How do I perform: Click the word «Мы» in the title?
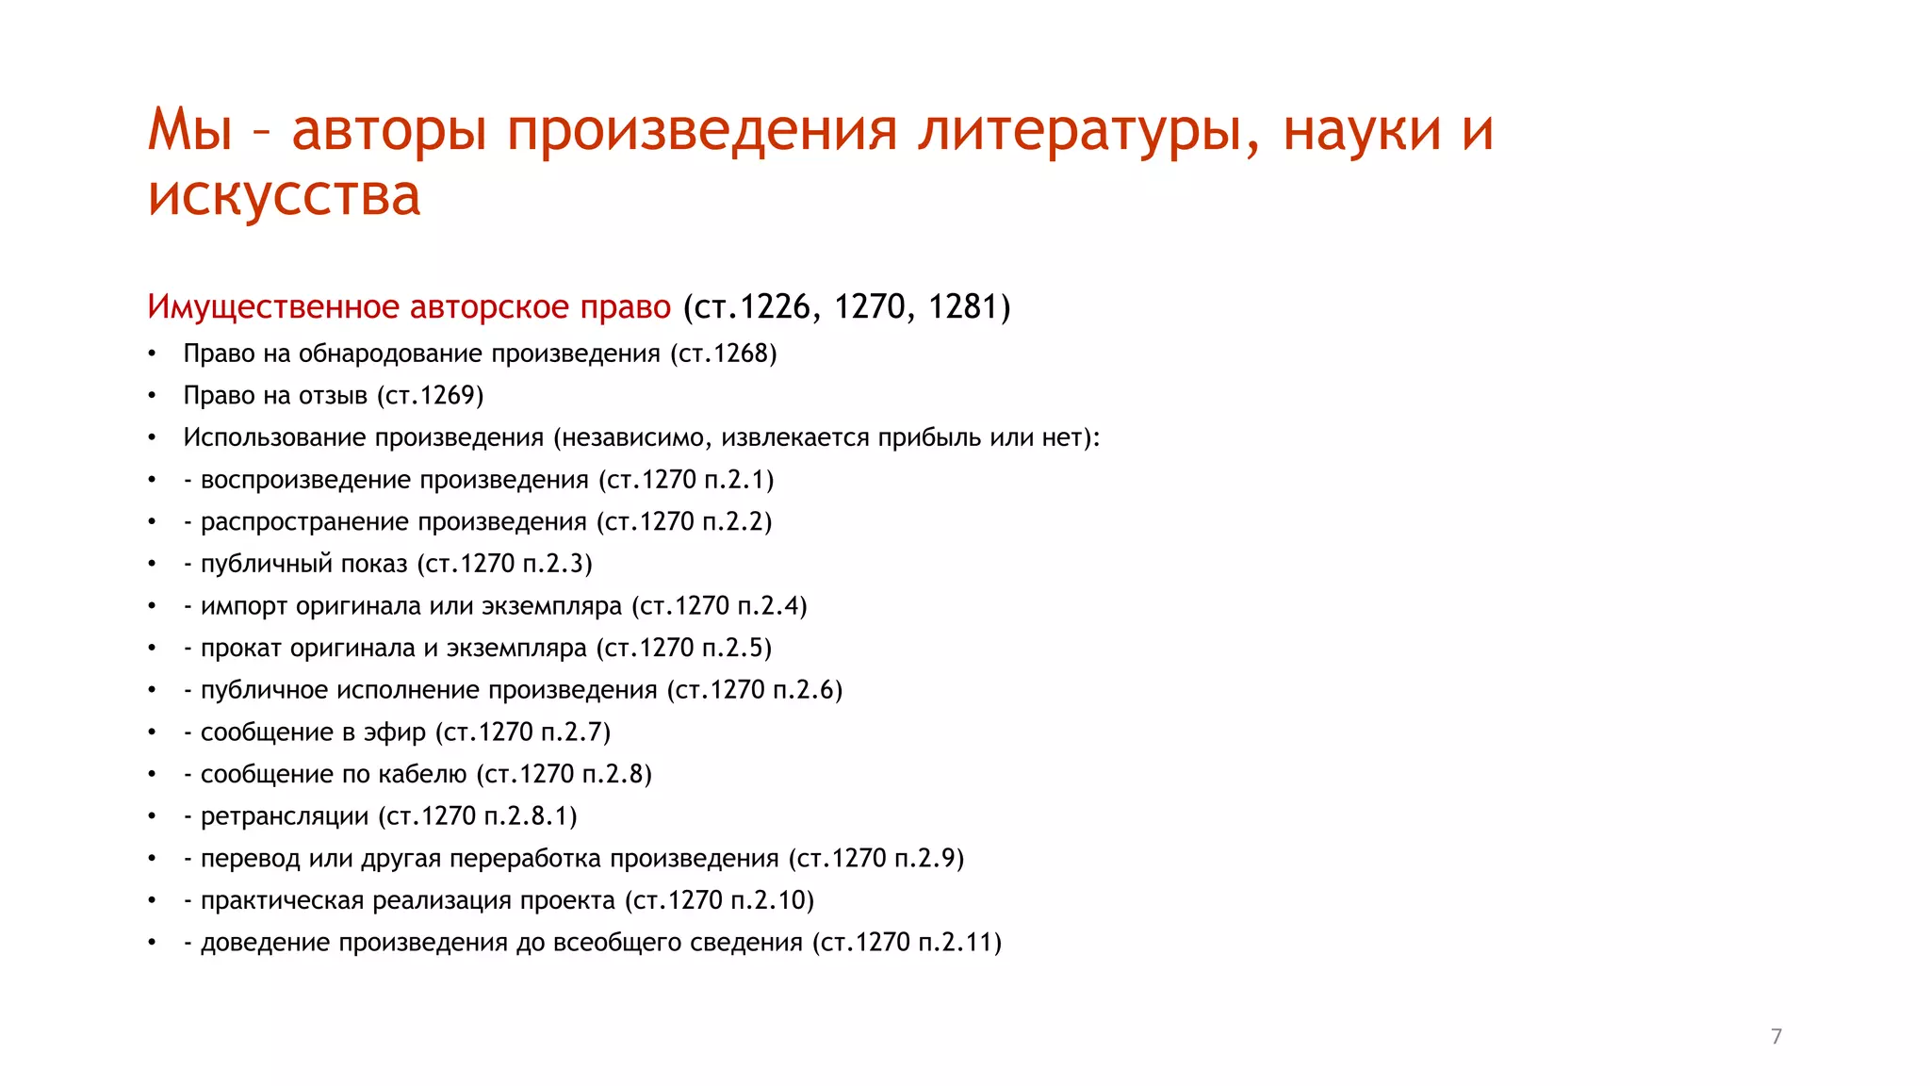(x=189, y=129)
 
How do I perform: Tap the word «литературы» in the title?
(x=1088, y=129)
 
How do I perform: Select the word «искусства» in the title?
(x=284, y=195)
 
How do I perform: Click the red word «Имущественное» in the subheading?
(x=273, y=307)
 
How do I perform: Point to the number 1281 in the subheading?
(x=964, y=307)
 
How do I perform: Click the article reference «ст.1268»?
(x=724, y=354)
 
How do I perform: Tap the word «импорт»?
(x=244, y=606)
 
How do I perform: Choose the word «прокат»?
(x=241, y=649)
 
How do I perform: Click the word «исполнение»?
(x=408, y=690)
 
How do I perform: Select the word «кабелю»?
(x=422, y=775)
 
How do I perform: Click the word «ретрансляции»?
(x=285, y=816)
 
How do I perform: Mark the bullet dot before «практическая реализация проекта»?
(x=152, y=901)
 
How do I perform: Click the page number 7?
(x=1776, y=1037)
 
